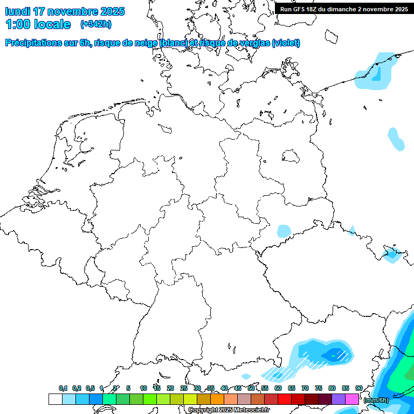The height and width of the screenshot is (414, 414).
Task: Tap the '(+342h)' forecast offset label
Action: tap(96, 24)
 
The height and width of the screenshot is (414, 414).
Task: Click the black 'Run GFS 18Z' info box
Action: tap(344, 9)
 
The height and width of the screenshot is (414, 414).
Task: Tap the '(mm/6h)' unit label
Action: tap(376, 400)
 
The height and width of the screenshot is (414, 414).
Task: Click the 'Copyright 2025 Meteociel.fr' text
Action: tap(229, 410)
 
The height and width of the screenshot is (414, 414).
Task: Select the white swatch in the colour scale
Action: tap(55, 399)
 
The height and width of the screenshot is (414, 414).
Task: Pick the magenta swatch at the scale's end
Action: tap(352, 399)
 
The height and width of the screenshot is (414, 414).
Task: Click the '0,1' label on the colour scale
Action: tap(63, 389)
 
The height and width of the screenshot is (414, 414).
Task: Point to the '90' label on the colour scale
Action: tap(359, 389)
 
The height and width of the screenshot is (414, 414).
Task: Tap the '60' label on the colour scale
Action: tap(278, 389)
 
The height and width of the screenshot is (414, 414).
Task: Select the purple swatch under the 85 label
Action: tap(339, 399)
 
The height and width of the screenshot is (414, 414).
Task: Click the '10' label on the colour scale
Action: tap(143, 389)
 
